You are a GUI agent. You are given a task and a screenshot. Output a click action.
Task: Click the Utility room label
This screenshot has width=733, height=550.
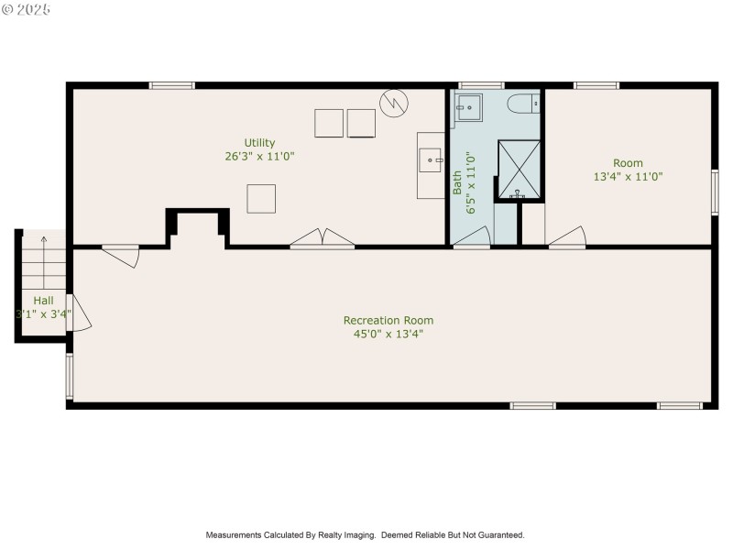pos(259,142)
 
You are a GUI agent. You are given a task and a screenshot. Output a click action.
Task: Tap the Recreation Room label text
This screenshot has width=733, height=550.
pos(388,320)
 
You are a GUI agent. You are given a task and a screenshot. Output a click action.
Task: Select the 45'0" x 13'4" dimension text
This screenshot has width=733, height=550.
pos(388,334)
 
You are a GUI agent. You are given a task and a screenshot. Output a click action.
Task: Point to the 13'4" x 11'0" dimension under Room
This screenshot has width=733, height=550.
pos(628,177)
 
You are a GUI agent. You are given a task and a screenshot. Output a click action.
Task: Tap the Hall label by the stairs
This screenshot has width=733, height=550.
pos(43,300)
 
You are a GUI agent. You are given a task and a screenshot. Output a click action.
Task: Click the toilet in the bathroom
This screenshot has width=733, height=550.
pos(524,103)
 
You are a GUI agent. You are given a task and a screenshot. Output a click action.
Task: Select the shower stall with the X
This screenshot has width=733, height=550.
pos(519,169)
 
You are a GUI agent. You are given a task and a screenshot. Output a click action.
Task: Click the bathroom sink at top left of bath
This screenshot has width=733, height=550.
pos(469,107)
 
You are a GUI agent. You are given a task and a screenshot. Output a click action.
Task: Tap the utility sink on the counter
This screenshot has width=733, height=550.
pos(430,160)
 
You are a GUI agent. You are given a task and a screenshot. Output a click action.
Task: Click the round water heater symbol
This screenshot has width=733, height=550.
pos(394,102)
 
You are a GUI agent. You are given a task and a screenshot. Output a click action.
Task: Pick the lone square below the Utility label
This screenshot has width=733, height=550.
pos(261,198)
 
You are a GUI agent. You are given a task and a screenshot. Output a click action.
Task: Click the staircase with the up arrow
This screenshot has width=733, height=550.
pos(41,261)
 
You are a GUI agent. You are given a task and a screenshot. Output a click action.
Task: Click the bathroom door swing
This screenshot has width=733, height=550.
pos(472,238)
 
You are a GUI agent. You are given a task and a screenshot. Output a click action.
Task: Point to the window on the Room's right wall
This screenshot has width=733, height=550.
pos(714,192)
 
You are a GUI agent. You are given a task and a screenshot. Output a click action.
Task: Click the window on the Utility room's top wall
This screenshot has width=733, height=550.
pos(172,86)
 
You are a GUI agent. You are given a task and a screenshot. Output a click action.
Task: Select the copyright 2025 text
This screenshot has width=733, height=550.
pos(27,9)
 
